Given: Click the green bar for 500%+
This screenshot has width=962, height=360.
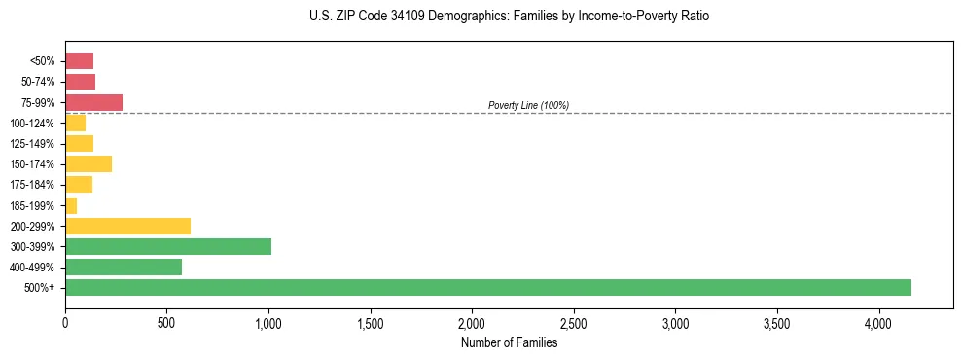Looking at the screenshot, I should (487, 287).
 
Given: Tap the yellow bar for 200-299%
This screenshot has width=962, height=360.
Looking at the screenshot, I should (127, 226).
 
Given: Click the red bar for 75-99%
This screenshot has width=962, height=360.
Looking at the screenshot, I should (93, 102).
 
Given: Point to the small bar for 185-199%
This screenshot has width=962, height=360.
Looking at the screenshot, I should (71, 205).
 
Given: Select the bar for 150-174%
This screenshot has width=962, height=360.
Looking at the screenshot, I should (89, 163).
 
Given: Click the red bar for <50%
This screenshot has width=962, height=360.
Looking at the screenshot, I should (79, 61).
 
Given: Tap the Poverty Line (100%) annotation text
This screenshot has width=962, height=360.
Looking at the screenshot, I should (528, 105).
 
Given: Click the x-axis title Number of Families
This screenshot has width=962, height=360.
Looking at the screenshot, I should (509, 342).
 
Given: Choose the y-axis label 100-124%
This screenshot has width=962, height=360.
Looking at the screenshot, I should (32, 124).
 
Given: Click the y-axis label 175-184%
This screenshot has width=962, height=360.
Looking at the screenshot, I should (32, 185).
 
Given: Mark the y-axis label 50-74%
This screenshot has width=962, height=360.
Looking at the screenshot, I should (37, 82).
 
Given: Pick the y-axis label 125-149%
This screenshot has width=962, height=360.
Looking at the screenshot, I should (32, 144).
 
